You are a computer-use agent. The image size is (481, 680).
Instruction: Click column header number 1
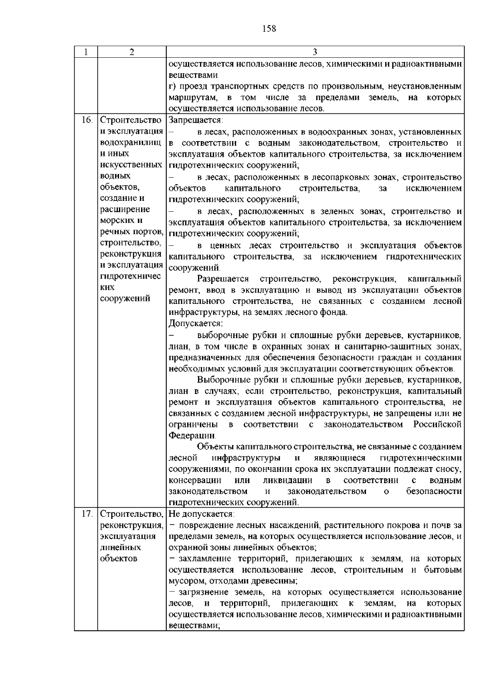(x=86, y=52)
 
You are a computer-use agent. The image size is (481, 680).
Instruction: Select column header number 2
(x=132, y=52)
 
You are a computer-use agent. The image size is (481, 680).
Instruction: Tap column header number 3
(x=315, y=52)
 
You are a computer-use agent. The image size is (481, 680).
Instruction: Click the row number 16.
(x=87, y=120)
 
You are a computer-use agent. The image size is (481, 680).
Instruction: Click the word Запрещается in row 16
(x=196, y=120)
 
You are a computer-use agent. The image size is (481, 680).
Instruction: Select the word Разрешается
(x=223, y=279)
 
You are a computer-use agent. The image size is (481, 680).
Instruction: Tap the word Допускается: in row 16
(x=196, y=323)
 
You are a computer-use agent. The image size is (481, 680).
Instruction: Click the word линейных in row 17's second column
(x=120, y=548)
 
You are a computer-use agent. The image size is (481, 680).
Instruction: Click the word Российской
(x=437, y=424)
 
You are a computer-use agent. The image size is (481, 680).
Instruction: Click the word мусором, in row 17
(x=186, y=581)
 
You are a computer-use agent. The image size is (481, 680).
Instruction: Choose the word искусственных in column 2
(x=131, y=165)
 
